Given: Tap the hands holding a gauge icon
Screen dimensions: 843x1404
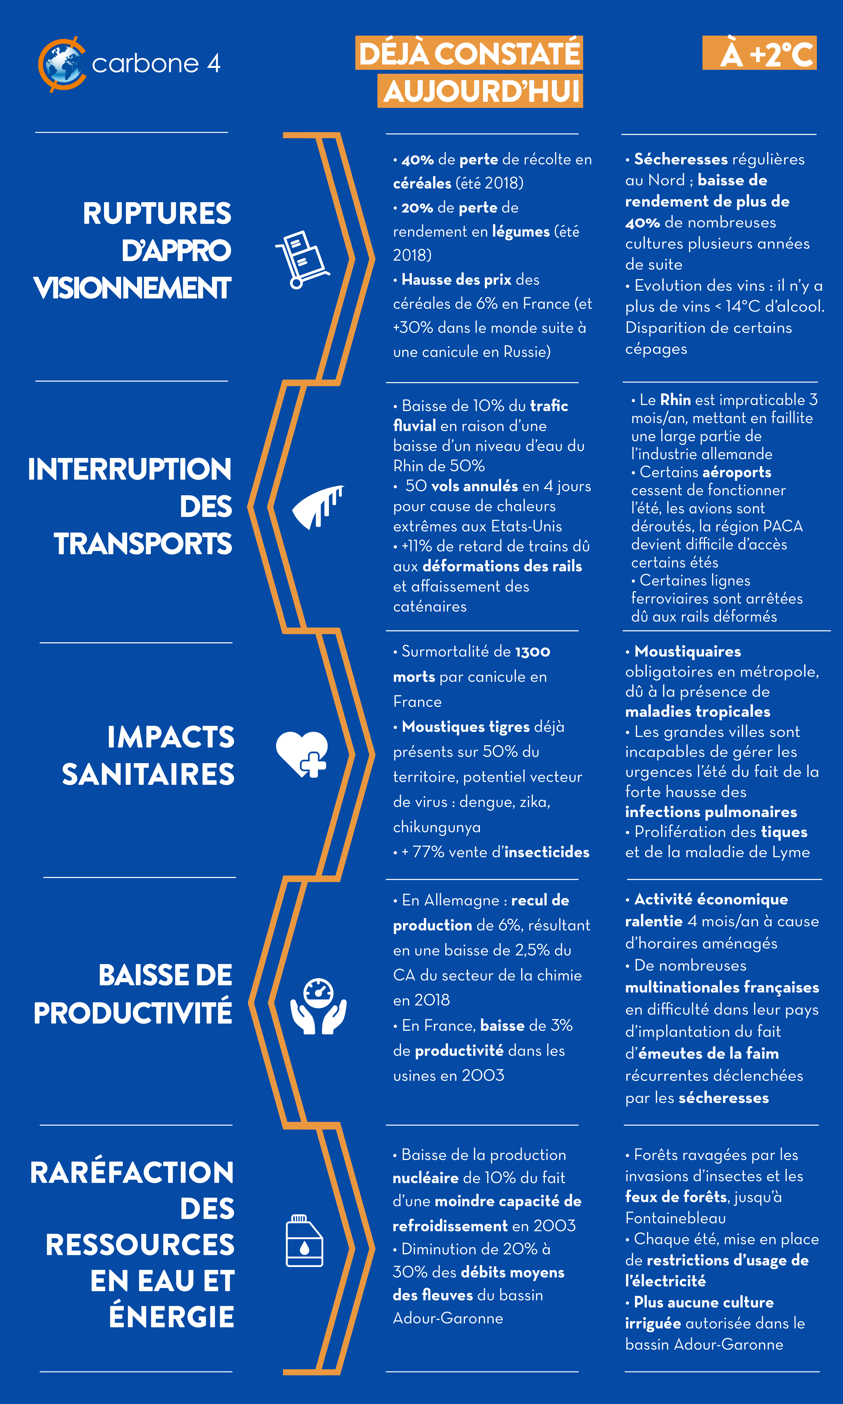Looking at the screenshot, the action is [x=318, y=1005].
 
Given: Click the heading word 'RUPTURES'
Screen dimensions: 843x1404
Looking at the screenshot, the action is [x=157, y=213].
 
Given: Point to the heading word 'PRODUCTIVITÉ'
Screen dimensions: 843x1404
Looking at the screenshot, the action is [x=132, y=1012].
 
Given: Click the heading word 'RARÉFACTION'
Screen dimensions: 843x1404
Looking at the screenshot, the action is [x=132, y=1172].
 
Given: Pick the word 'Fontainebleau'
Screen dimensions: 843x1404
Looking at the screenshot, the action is [x=675, y=1218].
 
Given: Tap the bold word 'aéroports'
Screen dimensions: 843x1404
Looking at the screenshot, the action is [x=736, y=472].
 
